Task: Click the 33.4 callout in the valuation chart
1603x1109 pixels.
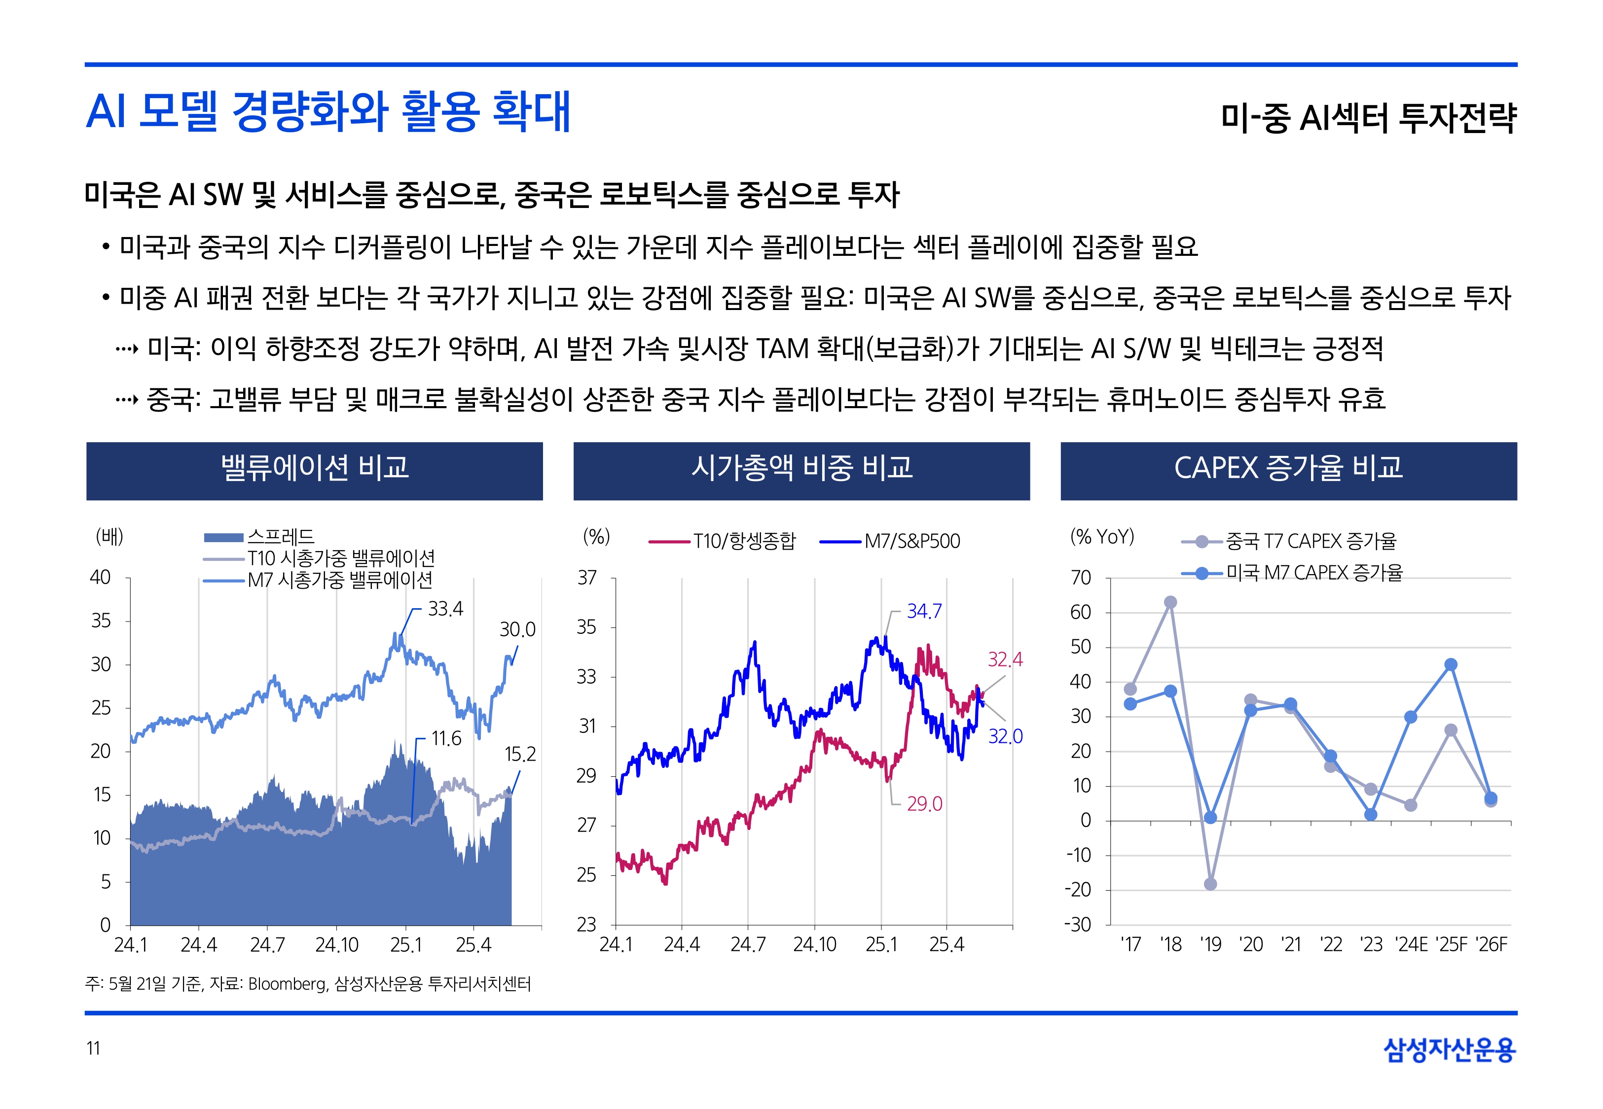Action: (x=445, y=609)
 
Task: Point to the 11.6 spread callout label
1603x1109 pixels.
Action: (x=445, y=739)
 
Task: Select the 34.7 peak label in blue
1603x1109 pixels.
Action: (x=924, y=612)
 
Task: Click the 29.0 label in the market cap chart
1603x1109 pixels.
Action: (x=924, y=804)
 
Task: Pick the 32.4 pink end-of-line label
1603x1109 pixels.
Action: (x=1005, y=659)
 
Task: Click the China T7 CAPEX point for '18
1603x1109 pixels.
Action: (x=1170, y=602)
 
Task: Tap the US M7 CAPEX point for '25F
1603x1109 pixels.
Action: (x=1451, y=665)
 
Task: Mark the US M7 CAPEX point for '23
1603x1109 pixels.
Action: (x=1371, y=814)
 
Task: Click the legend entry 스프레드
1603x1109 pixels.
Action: (x=280, y=536)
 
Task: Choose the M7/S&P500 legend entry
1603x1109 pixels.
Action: (x=911, y=541)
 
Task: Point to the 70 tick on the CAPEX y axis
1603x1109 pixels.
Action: (x=1081, y=578)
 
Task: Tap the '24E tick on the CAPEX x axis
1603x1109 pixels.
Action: (x=1411, y=945)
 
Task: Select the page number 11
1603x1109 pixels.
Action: (x=93, y=1048)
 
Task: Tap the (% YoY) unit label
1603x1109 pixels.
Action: (x=1102, y=536)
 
